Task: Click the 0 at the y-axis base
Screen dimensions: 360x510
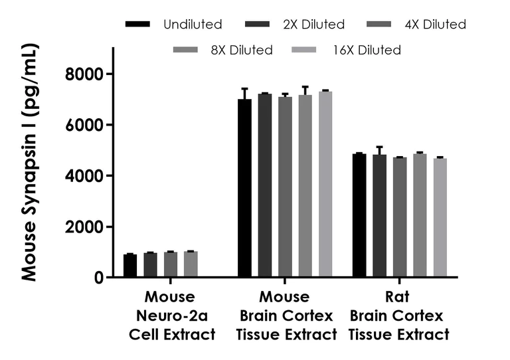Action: click(x=99, y=278)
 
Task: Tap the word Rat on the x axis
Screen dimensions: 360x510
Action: click(x=398, y=296)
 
